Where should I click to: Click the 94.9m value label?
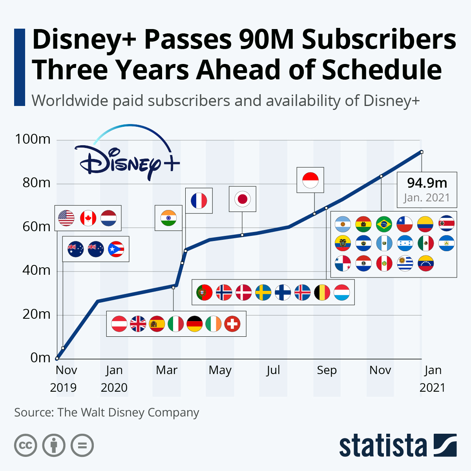tap(427, 183)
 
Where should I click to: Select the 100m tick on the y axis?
tap(33, 139)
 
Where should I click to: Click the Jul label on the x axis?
tap(273, 370)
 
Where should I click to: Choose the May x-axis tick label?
tap(220, 370)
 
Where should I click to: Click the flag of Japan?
tap(242, 199)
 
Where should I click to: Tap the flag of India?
tap(168, 218)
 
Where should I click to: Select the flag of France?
tap(199, 201)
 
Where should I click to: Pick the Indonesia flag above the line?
tap(310, 181)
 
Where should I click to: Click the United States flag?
tap(66, 218)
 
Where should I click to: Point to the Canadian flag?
tap(88, 218)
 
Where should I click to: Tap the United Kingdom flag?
tap(138, 324)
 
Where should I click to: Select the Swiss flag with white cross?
tap(232, 324)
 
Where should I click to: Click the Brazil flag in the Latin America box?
tap(384, 224)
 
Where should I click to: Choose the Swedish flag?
tap(263, 292)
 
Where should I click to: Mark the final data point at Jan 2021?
tap(422, 152)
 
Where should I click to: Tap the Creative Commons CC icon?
tap(26, 445)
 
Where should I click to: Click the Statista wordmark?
tap(383, 446)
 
